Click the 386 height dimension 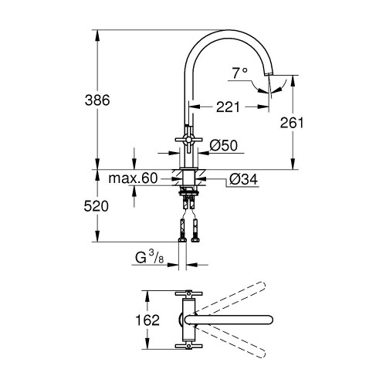coord(97,100)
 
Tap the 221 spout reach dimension coord(228,107)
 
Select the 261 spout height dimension coord(292,123)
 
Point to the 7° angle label coord(240,73)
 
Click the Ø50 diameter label coord(223,146)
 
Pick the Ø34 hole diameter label coord(243,179)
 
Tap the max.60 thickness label coord(133,178)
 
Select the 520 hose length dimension coord(96,206)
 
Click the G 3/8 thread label coord(150,258)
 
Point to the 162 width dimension coord(147,320)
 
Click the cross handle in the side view coord(189,140)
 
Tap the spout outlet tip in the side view coord(269,74)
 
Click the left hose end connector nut coord(182,240)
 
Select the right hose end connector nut coord(195,240)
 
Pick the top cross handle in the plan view coord(188,293)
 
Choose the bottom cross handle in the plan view coord(188,347)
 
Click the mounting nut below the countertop coord(188,191)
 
